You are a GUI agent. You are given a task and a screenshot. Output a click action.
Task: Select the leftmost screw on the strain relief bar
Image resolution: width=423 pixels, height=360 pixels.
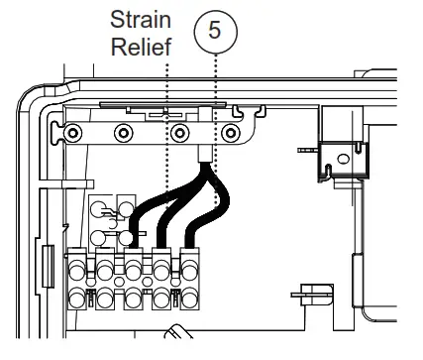[71, 133]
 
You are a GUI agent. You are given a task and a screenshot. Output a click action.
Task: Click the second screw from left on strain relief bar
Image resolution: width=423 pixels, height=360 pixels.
[125, 133]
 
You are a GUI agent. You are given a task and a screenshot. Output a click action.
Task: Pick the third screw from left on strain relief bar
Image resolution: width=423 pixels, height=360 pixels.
[178, 133]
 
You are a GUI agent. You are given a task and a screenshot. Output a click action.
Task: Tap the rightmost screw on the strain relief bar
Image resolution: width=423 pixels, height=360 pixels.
[231, 133]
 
